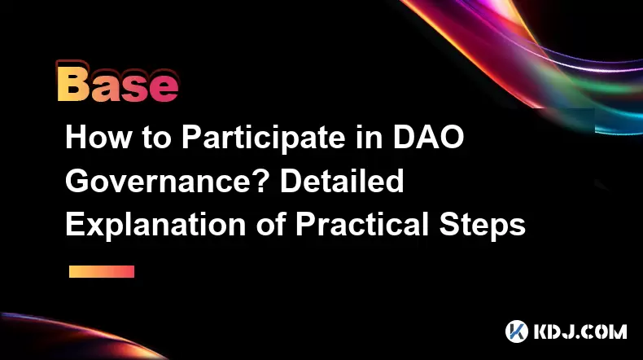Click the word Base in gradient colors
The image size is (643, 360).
118,84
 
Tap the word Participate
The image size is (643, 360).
263,138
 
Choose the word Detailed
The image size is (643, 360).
342,181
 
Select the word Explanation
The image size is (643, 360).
155,225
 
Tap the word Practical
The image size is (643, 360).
362,224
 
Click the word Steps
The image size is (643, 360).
483,225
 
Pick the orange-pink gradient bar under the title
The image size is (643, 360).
102,271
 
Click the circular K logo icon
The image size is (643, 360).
517,331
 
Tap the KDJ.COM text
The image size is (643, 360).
580,331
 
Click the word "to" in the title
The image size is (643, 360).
156,138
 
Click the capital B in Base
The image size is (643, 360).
73,85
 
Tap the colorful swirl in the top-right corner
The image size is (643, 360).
533,62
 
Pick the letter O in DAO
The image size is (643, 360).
451,137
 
